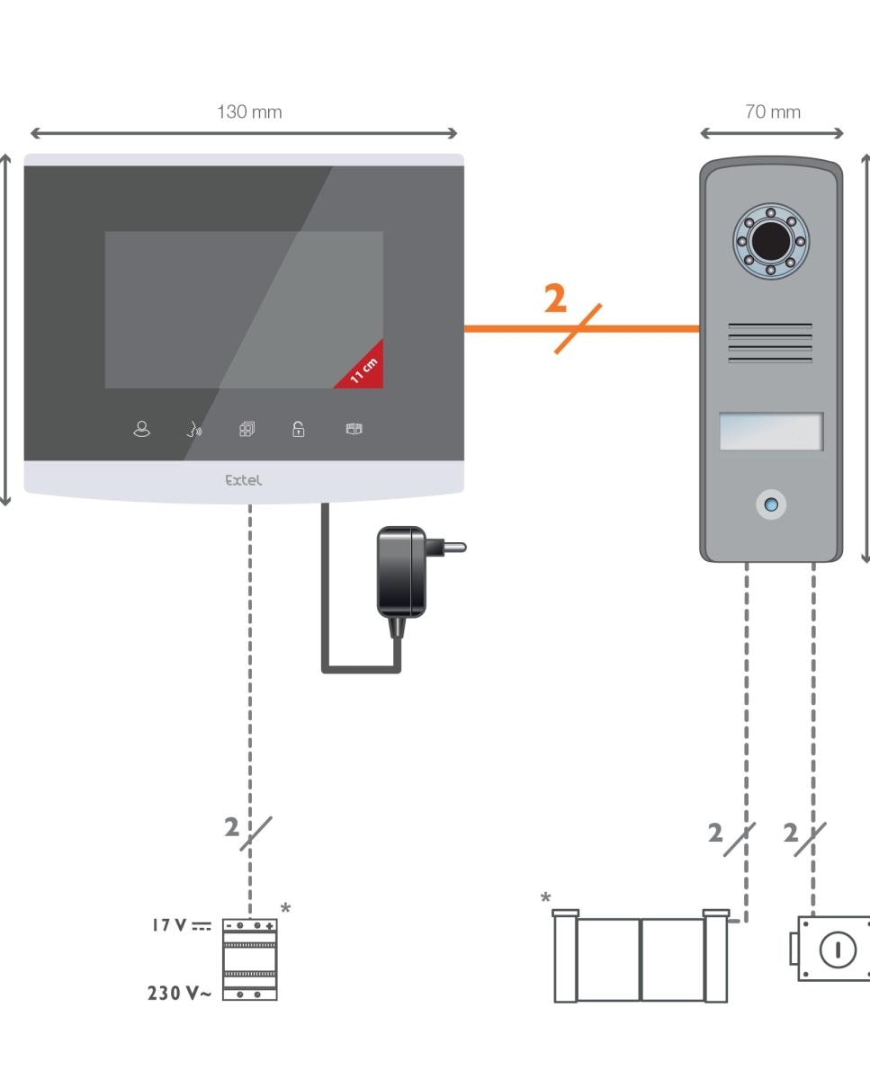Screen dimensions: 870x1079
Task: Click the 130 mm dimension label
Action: coord(249,111)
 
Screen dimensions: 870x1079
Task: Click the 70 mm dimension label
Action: coord(773,111)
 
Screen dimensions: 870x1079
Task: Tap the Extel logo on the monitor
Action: coord(243,480)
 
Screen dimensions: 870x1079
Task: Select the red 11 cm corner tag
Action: coord(364,370)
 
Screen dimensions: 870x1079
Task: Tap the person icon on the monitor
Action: coord(141,429)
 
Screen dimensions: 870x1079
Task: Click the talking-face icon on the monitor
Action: coord(193,430)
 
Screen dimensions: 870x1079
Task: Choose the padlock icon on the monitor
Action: coord(298,429)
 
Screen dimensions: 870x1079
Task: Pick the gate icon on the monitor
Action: coord(354,429)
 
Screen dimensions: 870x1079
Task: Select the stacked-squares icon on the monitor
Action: coord(247,430)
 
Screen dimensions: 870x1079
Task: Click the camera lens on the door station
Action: coord(771,241)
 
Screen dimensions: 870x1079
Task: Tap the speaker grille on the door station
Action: coord(770,343)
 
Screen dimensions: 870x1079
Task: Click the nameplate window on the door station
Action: coord(771,432)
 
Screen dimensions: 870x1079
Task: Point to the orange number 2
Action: coord(555,299)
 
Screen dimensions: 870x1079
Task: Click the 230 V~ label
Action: coord(179,994)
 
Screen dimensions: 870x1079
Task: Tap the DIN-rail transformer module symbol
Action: coord(249,959)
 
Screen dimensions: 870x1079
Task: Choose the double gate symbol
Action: coord(641,956)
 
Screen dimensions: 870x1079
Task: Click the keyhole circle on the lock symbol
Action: coord(838,950)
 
